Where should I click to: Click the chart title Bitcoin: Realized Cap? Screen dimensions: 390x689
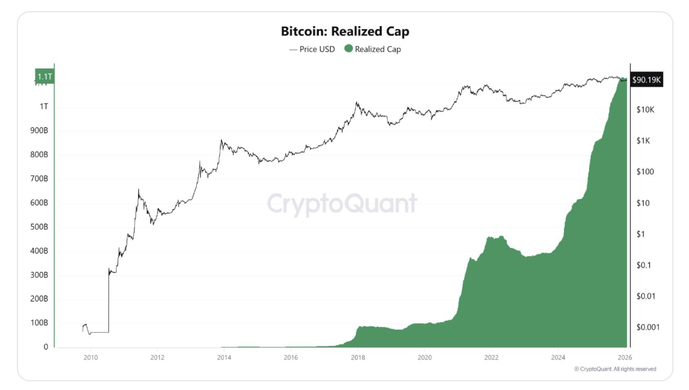pos(345,31)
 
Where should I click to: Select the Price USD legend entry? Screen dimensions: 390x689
pos(312,49)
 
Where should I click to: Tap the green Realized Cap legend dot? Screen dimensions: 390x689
pos(348,49)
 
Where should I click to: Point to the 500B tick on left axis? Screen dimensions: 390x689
pos(39,227)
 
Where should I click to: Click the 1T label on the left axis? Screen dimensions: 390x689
pos(44,107)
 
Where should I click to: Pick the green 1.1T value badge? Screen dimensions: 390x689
pos(44,76)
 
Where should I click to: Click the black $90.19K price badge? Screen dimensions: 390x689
pos(646,80)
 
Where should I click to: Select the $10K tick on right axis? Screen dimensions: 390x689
pos(645,110)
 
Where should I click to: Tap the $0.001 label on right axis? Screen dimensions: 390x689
pos(648,327)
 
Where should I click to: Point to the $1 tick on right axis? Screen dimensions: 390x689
pos(641,234)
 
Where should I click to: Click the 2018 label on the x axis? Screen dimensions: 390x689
pos(358,358)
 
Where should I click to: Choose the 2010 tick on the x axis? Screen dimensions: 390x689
pos(91,358)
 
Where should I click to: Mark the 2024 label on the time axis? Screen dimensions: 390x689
pos(558,358)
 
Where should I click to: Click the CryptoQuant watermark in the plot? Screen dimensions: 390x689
pos(342,204)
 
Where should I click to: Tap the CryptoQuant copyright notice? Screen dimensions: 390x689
pos(615,369)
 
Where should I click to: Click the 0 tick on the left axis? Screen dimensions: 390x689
pos(46,347)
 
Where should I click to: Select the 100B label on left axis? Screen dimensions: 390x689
pos(39,323)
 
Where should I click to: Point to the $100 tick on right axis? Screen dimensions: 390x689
pos(645,172)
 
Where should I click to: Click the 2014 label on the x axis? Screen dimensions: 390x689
pos(224,358)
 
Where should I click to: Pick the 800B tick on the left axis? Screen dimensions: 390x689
pos(39,155)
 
